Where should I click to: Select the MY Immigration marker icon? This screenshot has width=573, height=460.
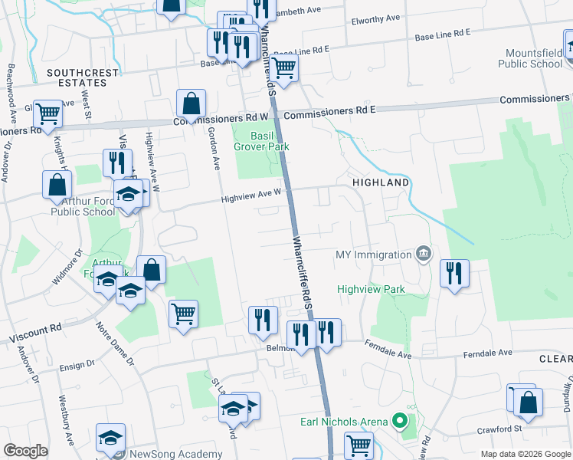click(422, 253)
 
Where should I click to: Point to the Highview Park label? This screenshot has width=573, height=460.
click(370, 289)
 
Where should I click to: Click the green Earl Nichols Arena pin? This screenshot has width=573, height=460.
click(398, 421)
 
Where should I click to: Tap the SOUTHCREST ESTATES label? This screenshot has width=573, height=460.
click(83, 77)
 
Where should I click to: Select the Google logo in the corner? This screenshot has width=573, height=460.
click(26, 451)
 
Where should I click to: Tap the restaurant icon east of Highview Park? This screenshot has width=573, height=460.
click(455, 274)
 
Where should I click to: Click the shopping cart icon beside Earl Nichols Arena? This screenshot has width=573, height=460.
click(358, 444)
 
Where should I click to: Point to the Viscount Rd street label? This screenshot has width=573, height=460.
click(35, 333)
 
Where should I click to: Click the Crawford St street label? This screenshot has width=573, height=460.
click(499, 430)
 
